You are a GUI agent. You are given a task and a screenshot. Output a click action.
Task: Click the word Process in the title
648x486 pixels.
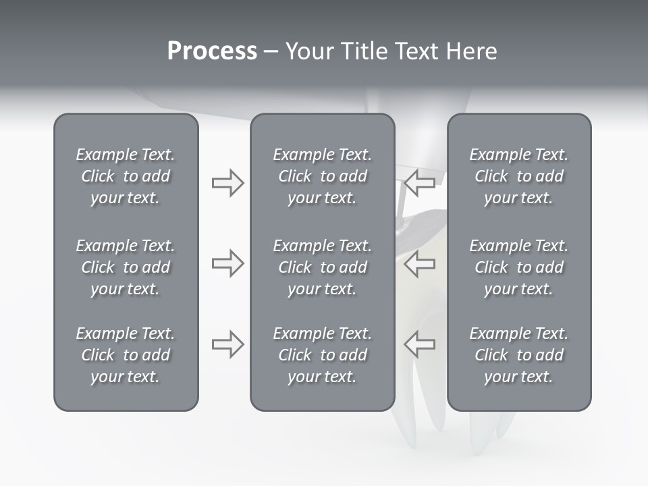coord(212,51)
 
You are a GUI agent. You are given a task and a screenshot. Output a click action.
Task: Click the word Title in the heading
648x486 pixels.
coord(362,51)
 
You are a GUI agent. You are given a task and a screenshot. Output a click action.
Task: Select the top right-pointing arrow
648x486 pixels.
coord(227,183)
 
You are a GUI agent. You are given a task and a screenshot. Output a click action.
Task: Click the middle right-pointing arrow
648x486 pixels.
coord(227,263)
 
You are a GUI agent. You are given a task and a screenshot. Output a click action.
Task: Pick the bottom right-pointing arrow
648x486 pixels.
coord(227,344)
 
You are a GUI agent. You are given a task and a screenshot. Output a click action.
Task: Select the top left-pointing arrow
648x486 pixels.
coord(420,183)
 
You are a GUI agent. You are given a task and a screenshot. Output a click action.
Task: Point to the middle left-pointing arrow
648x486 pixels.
coord(420,263)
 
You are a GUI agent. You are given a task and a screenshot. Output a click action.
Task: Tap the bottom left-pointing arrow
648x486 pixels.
coord(420,344)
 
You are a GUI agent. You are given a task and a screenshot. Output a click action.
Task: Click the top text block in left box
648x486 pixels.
coord(126,176)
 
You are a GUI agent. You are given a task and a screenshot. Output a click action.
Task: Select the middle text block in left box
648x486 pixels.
coord(126,267)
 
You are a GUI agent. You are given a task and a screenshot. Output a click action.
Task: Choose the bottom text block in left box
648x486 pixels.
coord(126,355)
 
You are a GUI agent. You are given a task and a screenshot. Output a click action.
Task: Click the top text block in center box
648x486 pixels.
coord(322,176)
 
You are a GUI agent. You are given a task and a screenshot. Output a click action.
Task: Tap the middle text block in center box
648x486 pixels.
coord(322,267)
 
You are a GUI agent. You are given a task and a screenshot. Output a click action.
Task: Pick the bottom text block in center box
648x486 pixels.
coord(322,355)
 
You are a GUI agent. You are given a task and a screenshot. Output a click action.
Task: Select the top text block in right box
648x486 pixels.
coord(518,176)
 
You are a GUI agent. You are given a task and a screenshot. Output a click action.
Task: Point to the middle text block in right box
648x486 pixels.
coord(518,267)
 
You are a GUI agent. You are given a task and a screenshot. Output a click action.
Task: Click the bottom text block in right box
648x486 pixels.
coord(518,355)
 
